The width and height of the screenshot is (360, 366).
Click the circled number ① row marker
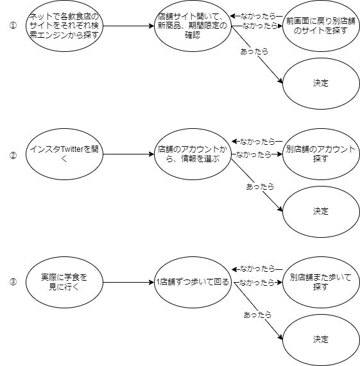click(13, 26)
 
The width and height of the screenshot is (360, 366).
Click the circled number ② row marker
click(13, 154)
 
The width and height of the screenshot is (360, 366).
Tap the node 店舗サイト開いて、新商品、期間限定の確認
click(192, 26)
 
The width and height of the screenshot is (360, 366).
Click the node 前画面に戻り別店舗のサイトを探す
click(320, 26)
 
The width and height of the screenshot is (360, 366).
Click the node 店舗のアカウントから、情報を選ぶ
click(192, 154)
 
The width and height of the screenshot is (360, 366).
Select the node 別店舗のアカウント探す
click(320, 154)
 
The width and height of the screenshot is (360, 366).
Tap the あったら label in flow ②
click(260, 187)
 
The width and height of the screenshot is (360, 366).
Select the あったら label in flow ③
click(257, 315)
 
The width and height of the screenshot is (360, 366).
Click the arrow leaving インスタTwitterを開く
click(128, 154)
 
